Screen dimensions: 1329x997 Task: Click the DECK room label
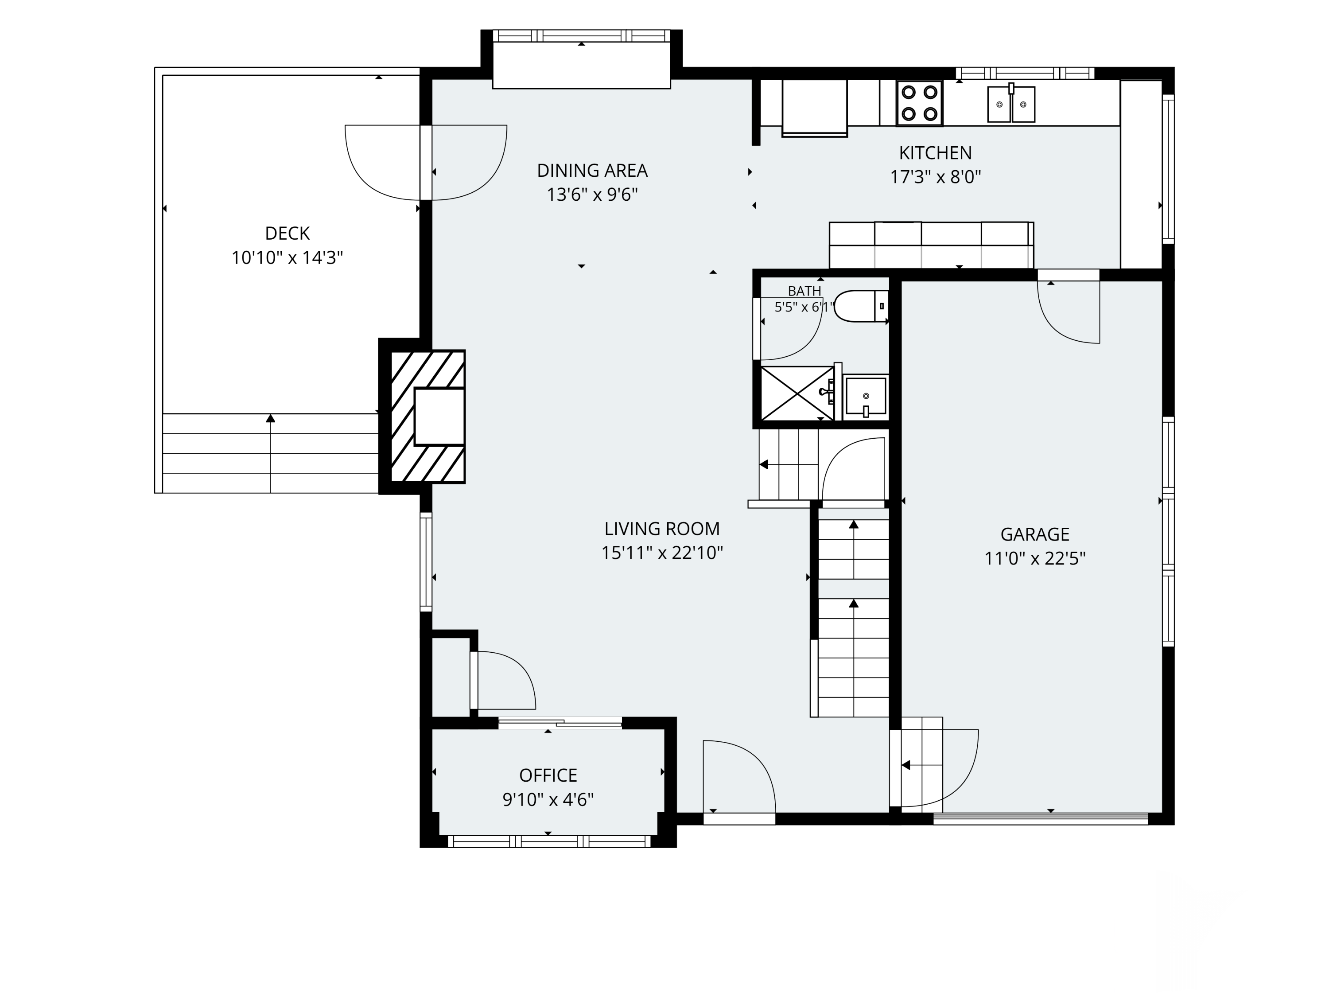click(x=287, y=233)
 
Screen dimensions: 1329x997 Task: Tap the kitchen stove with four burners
click(x=919, y=103)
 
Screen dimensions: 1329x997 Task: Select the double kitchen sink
click(x=1011, y=103)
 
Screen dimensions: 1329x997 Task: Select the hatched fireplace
click(x=428, y=417)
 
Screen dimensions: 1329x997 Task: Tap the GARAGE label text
click(x=1034, y=534)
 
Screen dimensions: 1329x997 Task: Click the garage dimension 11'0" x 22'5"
click(x=1034, y=559)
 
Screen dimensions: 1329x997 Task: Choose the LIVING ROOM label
click(x=662, y=529)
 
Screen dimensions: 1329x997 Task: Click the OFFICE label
click(x=548, y=775)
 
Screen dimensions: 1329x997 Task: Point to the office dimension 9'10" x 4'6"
click(x=548, y=800)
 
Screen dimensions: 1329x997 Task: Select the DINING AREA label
click(x=592, y=171)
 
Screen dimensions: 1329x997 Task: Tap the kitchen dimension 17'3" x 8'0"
click(x=936, y=177)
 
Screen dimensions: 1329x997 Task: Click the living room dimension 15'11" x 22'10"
click(x=662, y=553)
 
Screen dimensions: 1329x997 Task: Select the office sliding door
click(x=560, y=723)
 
